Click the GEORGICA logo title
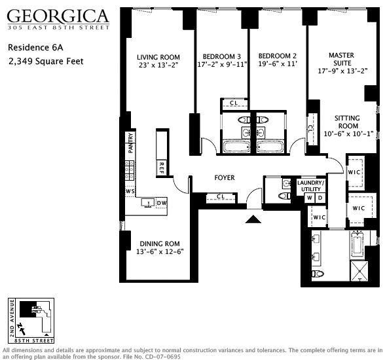[58, 16]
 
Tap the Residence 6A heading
[35, 47]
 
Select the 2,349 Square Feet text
[46, 62]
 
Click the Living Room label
[158, 57]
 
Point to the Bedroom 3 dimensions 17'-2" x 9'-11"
[222, 65]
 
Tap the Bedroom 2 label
[278, 56]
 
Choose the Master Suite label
[342, 59]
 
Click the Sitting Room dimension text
[348, 134]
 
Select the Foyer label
[225, 177]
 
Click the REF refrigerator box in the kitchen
[162, 168]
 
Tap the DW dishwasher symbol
[162, 203]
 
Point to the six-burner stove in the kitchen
[130, 171]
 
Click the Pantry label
[131, 143]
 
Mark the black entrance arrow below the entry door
[253, 219]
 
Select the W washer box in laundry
[310, 198]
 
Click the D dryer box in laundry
[320, 198]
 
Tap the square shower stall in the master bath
[359, 271]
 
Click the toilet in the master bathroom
[318, 274]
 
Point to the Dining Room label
[160, 243]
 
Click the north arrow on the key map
[22, 329]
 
